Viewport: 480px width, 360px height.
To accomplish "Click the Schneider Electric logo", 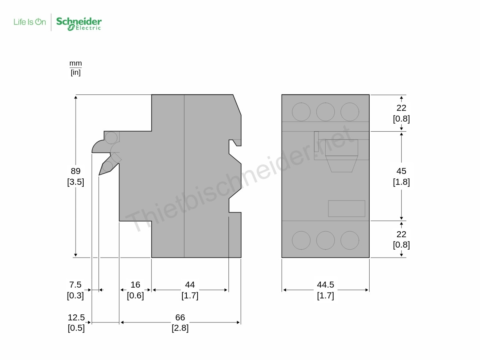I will pos(79,23).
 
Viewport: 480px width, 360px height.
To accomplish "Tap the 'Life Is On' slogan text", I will pos(30,22).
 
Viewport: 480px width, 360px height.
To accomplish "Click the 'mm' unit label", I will pos(76,63).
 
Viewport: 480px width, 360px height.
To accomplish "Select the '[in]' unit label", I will pos(76,72).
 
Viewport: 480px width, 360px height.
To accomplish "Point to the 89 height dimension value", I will pos(76,171).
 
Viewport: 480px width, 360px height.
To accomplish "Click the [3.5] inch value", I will pos(76,182).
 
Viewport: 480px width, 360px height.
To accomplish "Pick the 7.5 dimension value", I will pos(75,285).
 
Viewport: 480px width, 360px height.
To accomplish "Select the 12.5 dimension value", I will pos(76,318).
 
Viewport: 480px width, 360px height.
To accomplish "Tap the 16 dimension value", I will pos(135,285).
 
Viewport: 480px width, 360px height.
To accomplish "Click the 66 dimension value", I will pos(180,318).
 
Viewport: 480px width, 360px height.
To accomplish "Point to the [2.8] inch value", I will pos(180,328).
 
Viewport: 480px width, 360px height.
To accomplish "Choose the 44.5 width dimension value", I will pos(325,285).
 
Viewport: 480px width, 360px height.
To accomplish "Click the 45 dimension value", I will pos(401,171).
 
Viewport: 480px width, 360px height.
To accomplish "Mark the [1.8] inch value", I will pos(401,182).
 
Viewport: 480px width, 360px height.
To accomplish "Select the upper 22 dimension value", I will pos(401,108).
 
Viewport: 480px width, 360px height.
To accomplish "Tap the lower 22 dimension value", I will pos(401,234).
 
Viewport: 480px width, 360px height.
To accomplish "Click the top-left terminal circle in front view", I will pos(301,112).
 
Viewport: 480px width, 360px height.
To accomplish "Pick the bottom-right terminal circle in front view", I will pos(350,240).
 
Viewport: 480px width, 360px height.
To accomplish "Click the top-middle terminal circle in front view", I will pos(325,112).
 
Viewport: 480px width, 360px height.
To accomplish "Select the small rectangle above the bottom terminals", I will pos(346,208).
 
